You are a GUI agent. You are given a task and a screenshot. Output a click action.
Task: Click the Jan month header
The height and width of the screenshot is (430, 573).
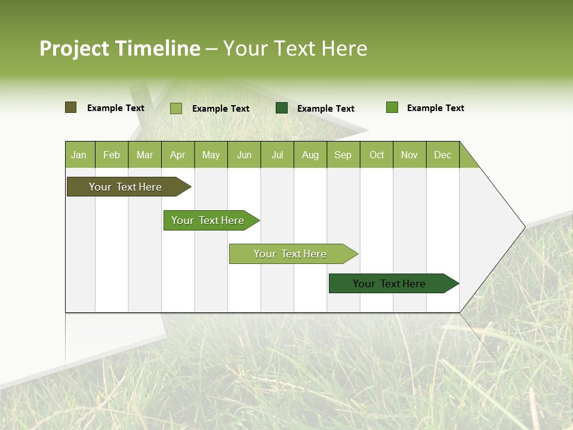tap(79, 155)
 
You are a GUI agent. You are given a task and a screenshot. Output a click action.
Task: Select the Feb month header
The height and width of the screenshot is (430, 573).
tap(112, 155)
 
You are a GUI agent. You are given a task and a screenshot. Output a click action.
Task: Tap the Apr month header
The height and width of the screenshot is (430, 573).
tap(178, 155)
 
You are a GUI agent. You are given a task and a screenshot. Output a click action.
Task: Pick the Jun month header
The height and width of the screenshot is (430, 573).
tap(244, 155)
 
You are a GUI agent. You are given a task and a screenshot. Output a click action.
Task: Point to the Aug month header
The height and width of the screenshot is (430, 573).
tap(310, 155)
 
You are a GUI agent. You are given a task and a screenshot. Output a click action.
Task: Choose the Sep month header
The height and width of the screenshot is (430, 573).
tap(343, 155)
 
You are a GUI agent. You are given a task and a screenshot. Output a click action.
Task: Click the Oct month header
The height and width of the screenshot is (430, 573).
tap(377, 155)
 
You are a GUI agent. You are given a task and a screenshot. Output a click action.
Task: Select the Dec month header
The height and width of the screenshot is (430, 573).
tap(443, 155)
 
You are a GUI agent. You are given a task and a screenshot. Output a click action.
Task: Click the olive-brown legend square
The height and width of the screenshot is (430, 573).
tap(71, 107)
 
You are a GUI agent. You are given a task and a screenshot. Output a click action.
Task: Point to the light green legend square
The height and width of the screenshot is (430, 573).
tap(176, 108)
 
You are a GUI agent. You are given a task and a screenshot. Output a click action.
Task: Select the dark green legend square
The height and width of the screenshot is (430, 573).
tap(282, 108)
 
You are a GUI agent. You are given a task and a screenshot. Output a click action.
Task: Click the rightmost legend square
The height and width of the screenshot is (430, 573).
tap(392, 107)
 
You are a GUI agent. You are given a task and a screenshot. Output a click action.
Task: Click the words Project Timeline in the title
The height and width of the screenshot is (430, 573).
tap(120, 48)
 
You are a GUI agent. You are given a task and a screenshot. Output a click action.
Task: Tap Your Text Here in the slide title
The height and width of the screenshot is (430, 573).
tap(295, 48)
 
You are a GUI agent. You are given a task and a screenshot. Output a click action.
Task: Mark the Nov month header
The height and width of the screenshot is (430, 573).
tap(409, 155)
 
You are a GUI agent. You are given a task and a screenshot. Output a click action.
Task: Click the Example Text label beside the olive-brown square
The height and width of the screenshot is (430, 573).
tap(116, 108)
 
